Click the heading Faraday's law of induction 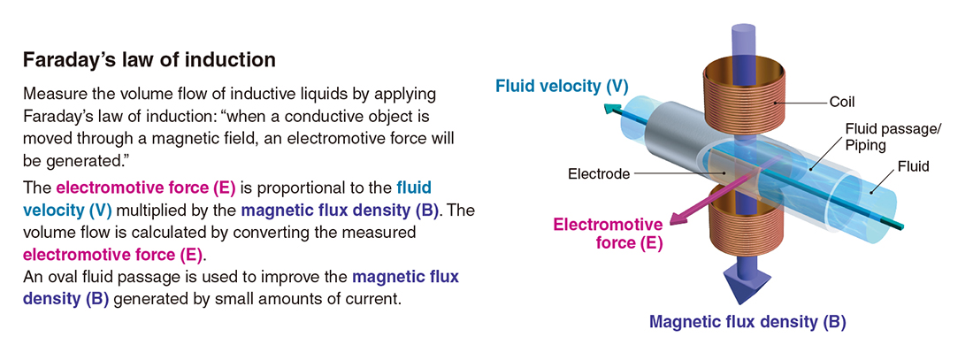pyautogui.click(x=149, y=60)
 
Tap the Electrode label pyautogui.click(x=599, y=173)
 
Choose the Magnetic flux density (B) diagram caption pyautogui.click(x=747, y=322)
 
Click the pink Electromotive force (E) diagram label pyautogui.click(x=609, y=234)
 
